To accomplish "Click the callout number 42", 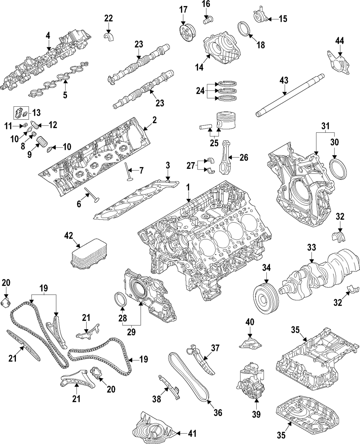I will (68, 236).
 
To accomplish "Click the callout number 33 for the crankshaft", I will (311, 248).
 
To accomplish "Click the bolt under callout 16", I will (207, 19).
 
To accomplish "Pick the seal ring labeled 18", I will (244, 28).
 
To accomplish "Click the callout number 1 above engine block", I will (188, 187).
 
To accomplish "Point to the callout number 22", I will (108, 18).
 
